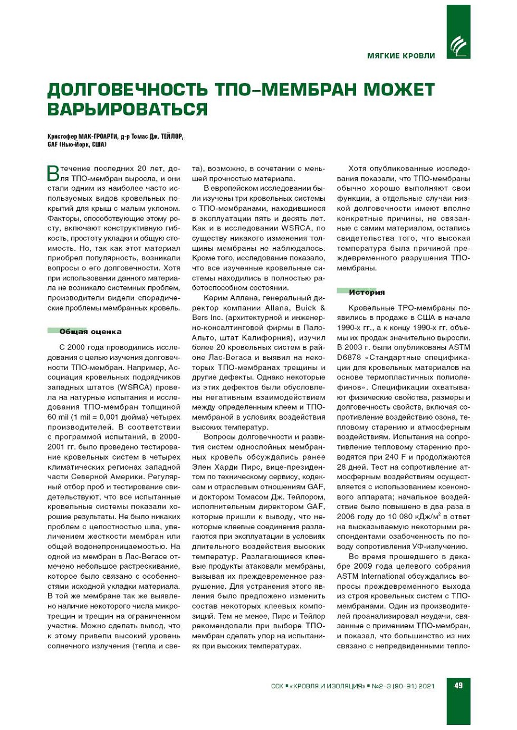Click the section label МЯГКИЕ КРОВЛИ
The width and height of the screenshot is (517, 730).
point(401,56)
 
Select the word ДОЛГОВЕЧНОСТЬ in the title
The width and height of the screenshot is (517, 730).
point(128,90)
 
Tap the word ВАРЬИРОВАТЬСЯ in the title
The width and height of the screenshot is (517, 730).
point(127,109)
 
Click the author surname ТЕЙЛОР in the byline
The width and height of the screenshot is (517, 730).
point(172,137)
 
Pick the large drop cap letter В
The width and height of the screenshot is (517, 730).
point(53,173)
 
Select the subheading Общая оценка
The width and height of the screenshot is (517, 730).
point(90,332)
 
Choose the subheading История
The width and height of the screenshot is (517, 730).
point(367,292)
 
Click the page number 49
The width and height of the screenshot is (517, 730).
point(458,685)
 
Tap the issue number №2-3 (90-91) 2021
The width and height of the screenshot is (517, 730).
point(403,686)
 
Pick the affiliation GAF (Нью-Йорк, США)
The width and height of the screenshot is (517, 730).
point(77,144)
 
